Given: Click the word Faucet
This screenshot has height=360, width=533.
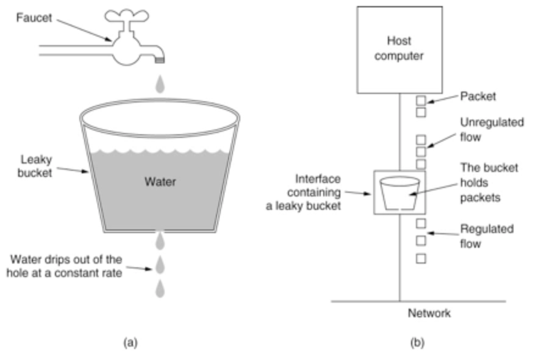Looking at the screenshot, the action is tap(34, 18).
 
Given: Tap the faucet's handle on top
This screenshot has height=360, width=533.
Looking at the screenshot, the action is tap(126, 16).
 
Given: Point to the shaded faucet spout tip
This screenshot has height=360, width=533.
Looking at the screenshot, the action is tap(160, 60).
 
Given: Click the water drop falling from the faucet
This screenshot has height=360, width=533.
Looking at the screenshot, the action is tap(160, 84).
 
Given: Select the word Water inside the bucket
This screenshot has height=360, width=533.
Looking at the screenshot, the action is tap(160, 182).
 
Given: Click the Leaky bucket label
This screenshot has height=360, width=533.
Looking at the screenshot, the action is tap(35, 166).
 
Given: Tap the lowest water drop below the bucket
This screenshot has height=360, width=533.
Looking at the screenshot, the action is tap(160, 289).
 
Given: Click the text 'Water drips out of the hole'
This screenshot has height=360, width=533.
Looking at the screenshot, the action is tap(64, 266).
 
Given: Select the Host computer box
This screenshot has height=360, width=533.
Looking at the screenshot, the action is tap(399, 49).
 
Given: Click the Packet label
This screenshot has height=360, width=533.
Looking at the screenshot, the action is tap(478, 96).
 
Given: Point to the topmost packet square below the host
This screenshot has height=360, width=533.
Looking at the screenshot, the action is tap(421, 101).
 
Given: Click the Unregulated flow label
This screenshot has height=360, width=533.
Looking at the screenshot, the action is tap(492, 129).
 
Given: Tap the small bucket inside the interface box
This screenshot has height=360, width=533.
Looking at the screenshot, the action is tap(400, 193).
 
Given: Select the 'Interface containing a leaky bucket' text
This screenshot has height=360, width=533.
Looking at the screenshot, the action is tap(304, 193).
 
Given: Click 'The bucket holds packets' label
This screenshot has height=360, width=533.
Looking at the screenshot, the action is tap(489, 182).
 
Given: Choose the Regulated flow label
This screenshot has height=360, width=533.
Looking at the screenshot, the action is tap(487, 236).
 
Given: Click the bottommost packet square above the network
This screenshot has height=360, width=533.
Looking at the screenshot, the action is tap(421, 259).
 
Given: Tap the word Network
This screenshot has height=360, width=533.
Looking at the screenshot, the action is tap(429, 313).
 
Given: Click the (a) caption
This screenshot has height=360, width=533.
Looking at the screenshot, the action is tap(131, 342).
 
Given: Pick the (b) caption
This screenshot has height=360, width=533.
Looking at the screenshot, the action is tap(417, 342).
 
